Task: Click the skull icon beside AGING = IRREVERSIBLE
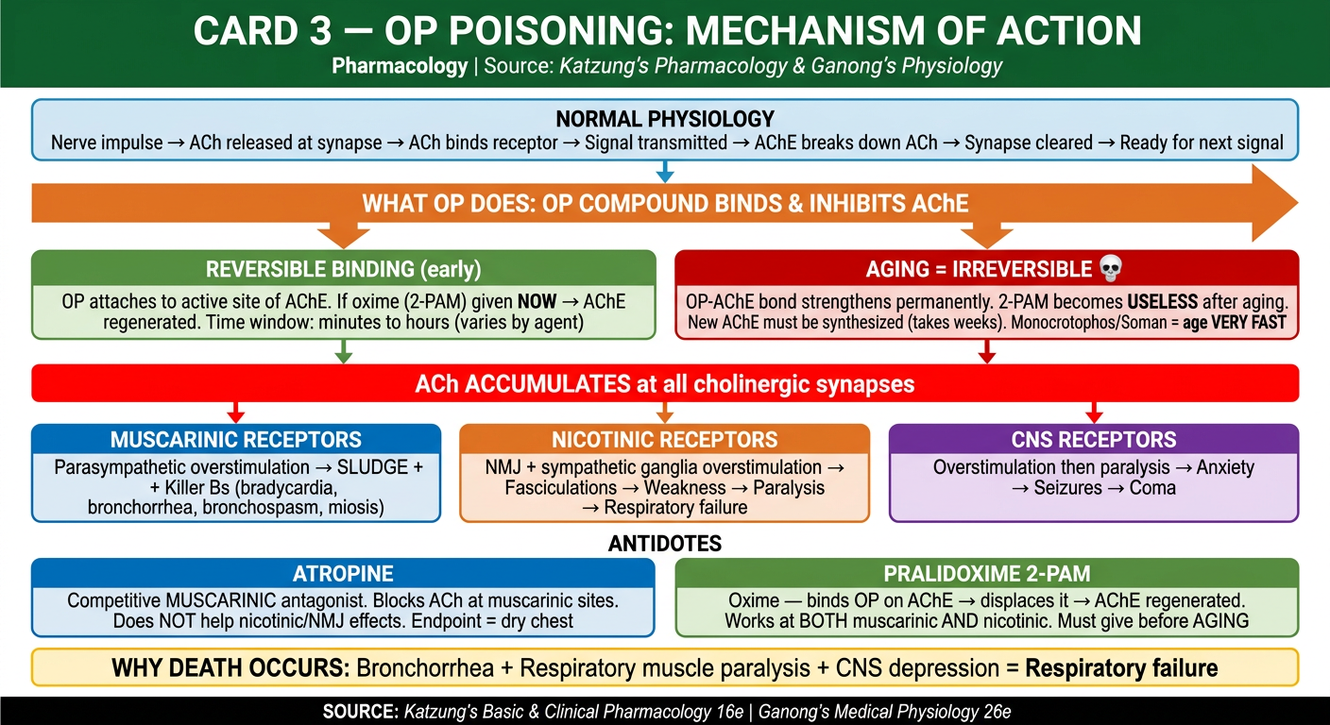(1111, 269)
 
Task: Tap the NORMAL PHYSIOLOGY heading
(665, 119)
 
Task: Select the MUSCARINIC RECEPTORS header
(236, 440)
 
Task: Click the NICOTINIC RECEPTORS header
(664, 440)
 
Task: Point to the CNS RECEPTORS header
(1094, 440)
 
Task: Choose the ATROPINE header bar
(343, 574)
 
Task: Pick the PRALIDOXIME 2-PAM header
(987, 574)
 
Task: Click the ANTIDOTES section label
(665, 544)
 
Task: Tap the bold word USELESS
(1163, 302)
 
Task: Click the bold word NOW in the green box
(537, 302)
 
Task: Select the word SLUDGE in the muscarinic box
(372, 467)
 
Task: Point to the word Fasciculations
(560, 488)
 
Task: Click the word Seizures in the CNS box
(1067, 488)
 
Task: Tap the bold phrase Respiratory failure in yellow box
(1121, 668)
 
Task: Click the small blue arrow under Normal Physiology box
(665, 172)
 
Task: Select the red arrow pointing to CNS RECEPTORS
(1094, 413)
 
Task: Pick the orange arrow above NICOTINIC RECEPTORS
(665, 413)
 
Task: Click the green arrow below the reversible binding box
(343, 351)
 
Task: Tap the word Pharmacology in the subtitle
(400, 65)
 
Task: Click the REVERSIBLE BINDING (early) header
(343, 269)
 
